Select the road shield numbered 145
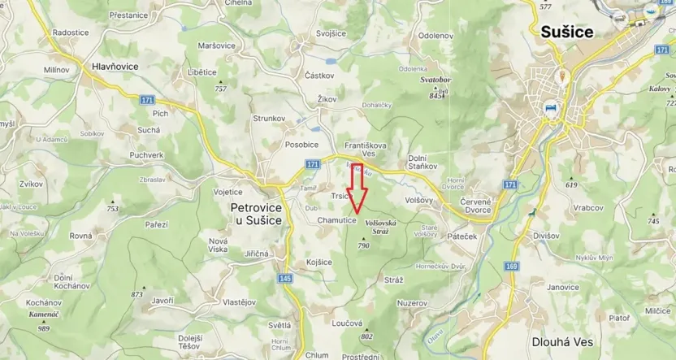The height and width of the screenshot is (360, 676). click(284, 279)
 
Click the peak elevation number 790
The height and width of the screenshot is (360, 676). click(363, 245)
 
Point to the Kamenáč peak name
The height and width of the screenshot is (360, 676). click(42, 314)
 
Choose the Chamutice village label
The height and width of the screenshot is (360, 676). click(337, 220)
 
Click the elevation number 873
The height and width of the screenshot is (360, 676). click(136, 294)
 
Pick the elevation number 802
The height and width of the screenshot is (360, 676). click(366, 336)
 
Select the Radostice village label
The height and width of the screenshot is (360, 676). click(70, 33)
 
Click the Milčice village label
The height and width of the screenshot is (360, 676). click(658, 311)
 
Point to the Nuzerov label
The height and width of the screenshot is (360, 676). click(412, 302)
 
